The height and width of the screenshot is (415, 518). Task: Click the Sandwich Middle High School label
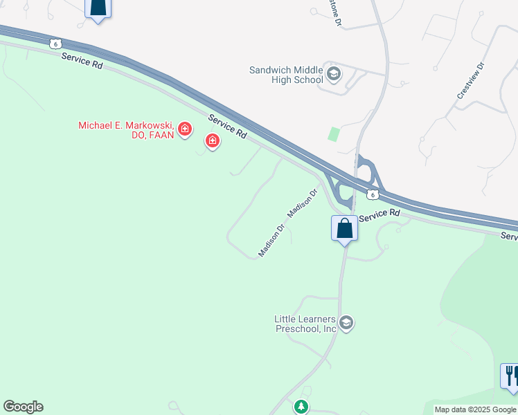coord(286,75)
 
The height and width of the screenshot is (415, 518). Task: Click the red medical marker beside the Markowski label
coord(185,129)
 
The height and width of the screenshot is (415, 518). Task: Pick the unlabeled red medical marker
coord(213,142)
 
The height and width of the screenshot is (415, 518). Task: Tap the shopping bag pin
coord(344,228)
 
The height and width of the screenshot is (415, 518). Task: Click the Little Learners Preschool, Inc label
coord(305,324)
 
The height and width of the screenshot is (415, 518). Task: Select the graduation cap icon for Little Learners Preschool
coord(346,323)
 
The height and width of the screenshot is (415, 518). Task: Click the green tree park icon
coord(301,407)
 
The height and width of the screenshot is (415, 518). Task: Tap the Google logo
coord(23,407)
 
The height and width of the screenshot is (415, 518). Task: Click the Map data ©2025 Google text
coord(475,409)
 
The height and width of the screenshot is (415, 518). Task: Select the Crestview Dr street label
coord(470,82)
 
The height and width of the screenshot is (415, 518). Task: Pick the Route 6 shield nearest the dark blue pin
coord(55,44)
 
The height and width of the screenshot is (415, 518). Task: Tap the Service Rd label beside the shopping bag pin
coord(380,215)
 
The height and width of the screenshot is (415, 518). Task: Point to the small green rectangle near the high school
coord(334,134)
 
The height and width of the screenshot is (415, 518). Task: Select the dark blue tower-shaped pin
coord(98,8)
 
